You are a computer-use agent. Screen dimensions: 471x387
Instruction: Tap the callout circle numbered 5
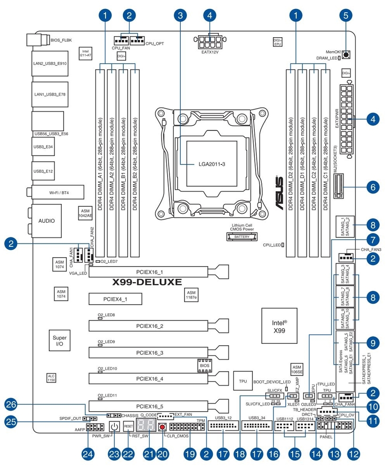[346, 16]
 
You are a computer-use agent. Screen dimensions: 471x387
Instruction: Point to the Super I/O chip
[59, 341]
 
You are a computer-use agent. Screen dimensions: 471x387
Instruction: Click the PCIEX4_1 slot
[115, 299]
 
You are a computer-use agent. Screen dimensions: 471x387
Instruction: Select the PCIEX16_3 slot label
[149, 352]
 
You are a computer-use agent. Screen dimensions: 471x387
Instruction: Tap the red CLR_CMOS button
[162, 428]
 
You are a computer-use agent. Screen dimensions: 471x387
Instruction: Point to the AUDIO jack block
[47, 220]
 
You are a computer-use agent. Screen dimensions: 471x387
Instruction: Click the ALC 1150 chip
[51, 378]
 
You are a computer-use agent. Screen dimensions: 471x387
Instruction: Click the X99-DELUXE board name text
[146, 283]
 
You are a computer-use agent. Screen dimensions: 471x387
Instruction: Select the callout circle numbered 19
[189, 454]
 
